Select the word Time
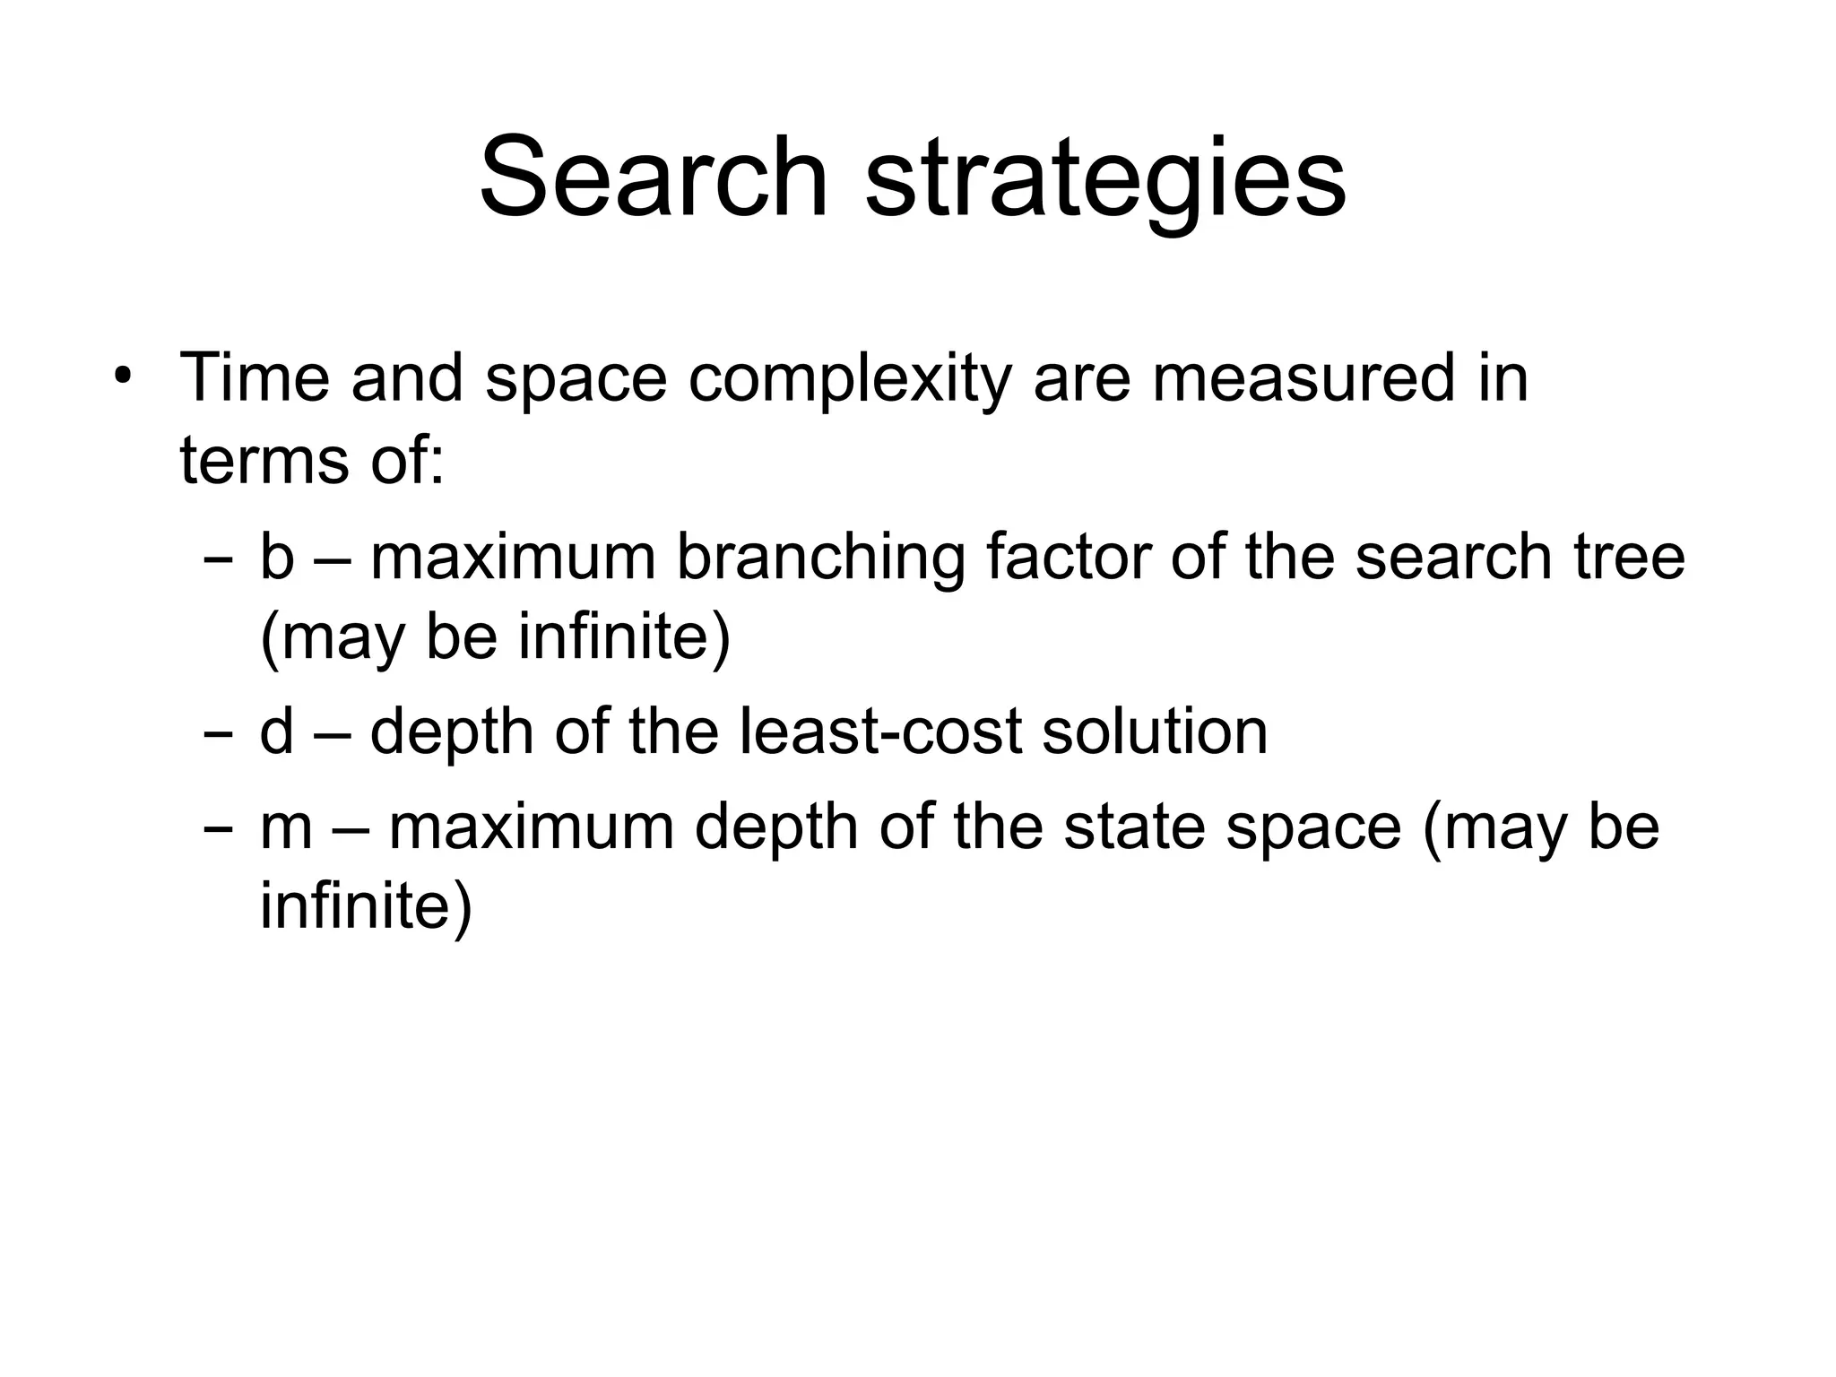[255, 377]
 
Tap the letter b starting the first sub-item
[276, 557]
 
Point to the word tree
[1629, 557]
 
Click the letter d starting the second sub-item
[276, 731]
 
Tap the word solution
[1155, 731]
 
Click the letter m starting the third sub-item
[286, 827]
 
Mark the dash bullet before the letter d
[217, 734]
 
